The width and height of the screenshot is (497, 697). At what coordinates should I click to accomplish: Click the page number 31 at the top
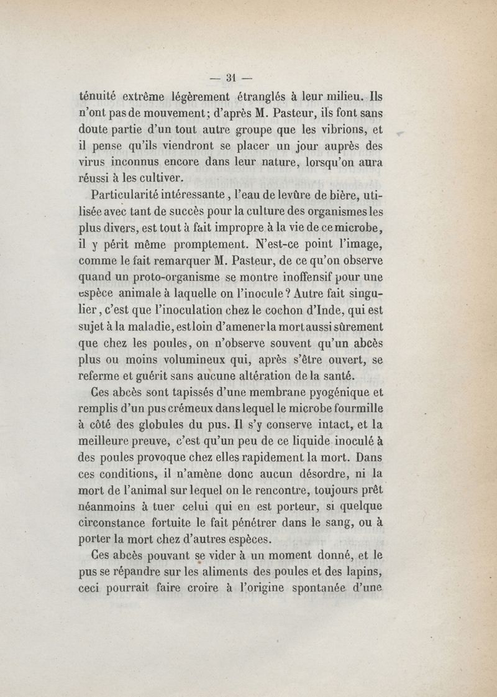(x=229, y=78)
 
